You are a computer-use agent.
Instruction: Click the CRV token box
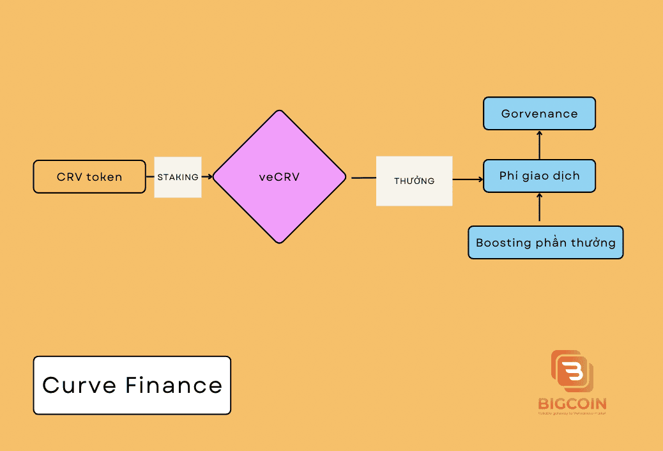89,176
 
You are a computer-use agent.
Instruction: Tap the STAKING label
178,177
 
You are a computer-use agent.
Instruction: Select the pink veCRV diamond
279,177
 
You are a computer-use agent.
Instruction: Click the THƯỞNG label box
414,181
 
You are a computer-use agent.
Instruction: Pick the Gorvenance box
539,114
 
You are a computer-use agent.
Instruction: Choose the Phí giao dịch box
539,176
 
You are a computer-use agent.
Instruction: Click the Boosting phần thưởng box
545,243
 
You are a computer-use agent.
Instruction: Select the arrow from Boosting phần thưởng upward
539,209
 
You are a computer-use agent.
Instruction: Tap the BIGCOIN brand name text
572,404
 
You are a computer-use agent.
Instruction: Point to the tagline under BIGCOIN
572,413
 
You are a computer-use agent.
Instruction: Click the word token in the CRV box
104,177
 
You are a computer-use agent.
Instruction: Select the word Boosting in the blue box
504,243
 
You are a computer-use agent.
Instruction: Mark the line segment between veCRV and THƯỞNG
363,178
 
